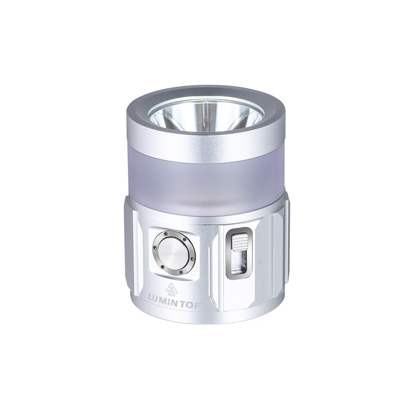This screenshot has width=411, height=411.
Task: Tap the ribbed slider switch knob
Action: tap(239, 241)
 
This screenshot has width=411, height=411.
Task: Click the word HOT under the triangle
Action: tap(172, 295)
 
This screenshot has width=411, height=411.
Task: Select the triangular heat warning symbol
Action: tap(172, 288)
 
